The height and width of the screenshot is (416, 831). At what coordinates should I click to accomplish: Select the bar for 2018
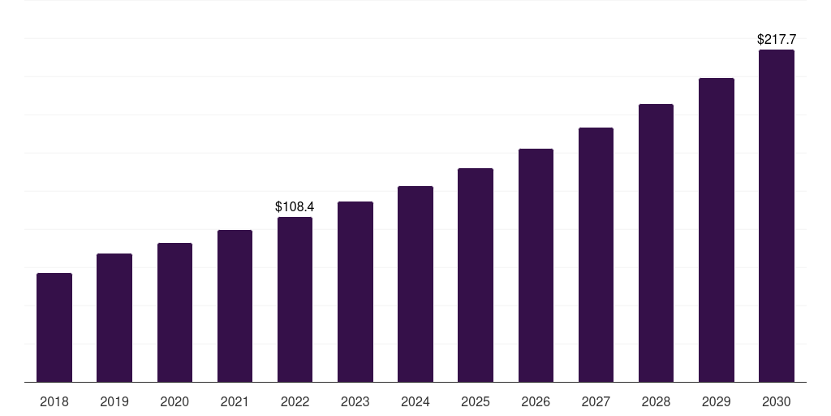54,327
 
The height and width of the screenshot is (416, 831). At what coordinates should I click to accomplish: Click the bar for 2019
114,318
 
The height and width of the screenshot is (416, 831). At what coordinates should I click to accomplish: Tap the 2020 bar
175,313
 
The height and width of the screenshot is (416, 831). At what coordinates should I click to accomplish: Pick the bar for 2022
295,299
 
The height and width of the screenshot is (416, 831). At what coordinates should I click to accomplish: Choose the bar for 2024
415,284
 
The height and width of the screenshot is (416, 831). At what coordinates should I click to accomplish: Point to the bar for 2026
536,266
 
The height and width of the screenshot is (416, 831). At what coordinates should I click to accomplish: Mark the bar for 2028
656,243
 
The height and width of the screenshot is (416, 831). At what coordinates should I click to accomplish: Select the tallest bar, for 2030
777,216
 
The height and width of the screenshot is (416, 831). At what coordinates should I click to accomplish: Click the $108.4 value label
295,207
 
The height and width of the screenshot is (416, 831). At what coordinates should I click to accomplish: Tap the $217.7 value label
777,39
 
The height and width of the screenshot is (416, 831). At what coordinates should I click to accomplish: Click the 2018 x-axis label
54,401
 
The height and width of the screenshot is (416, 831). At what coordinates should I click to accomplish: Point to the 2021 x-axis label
235,401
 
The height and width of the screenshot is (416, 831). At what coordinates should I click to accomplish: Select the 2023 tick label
355,401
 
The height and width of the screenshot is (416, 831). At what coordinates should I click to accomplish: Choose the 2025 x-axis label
476,401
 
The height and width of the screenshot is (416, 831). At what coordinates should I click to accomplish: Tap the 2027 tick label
596,401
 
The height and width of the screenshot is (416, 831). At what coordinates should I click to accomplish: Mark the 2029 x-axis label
716,401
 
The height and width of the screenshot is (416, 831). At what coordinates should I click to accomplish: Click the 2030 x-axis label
777,401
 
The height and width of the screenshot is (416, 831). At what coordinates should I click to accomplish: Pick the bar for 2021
235,306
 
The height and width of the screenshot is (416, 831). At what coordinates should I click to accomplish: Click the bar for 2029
717,230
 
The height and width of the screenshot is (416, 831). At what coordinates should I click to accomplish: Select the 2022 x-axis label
295,401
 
